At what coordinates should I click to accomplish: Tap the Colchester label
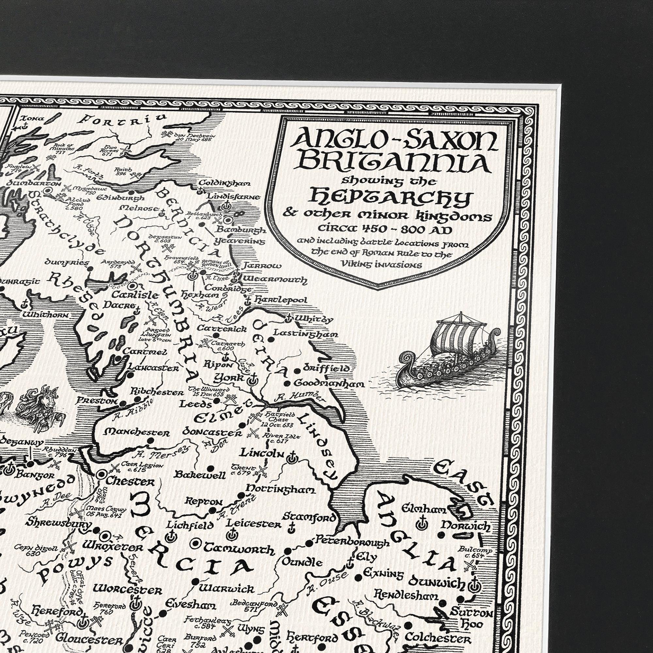[x=438, y=638]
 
